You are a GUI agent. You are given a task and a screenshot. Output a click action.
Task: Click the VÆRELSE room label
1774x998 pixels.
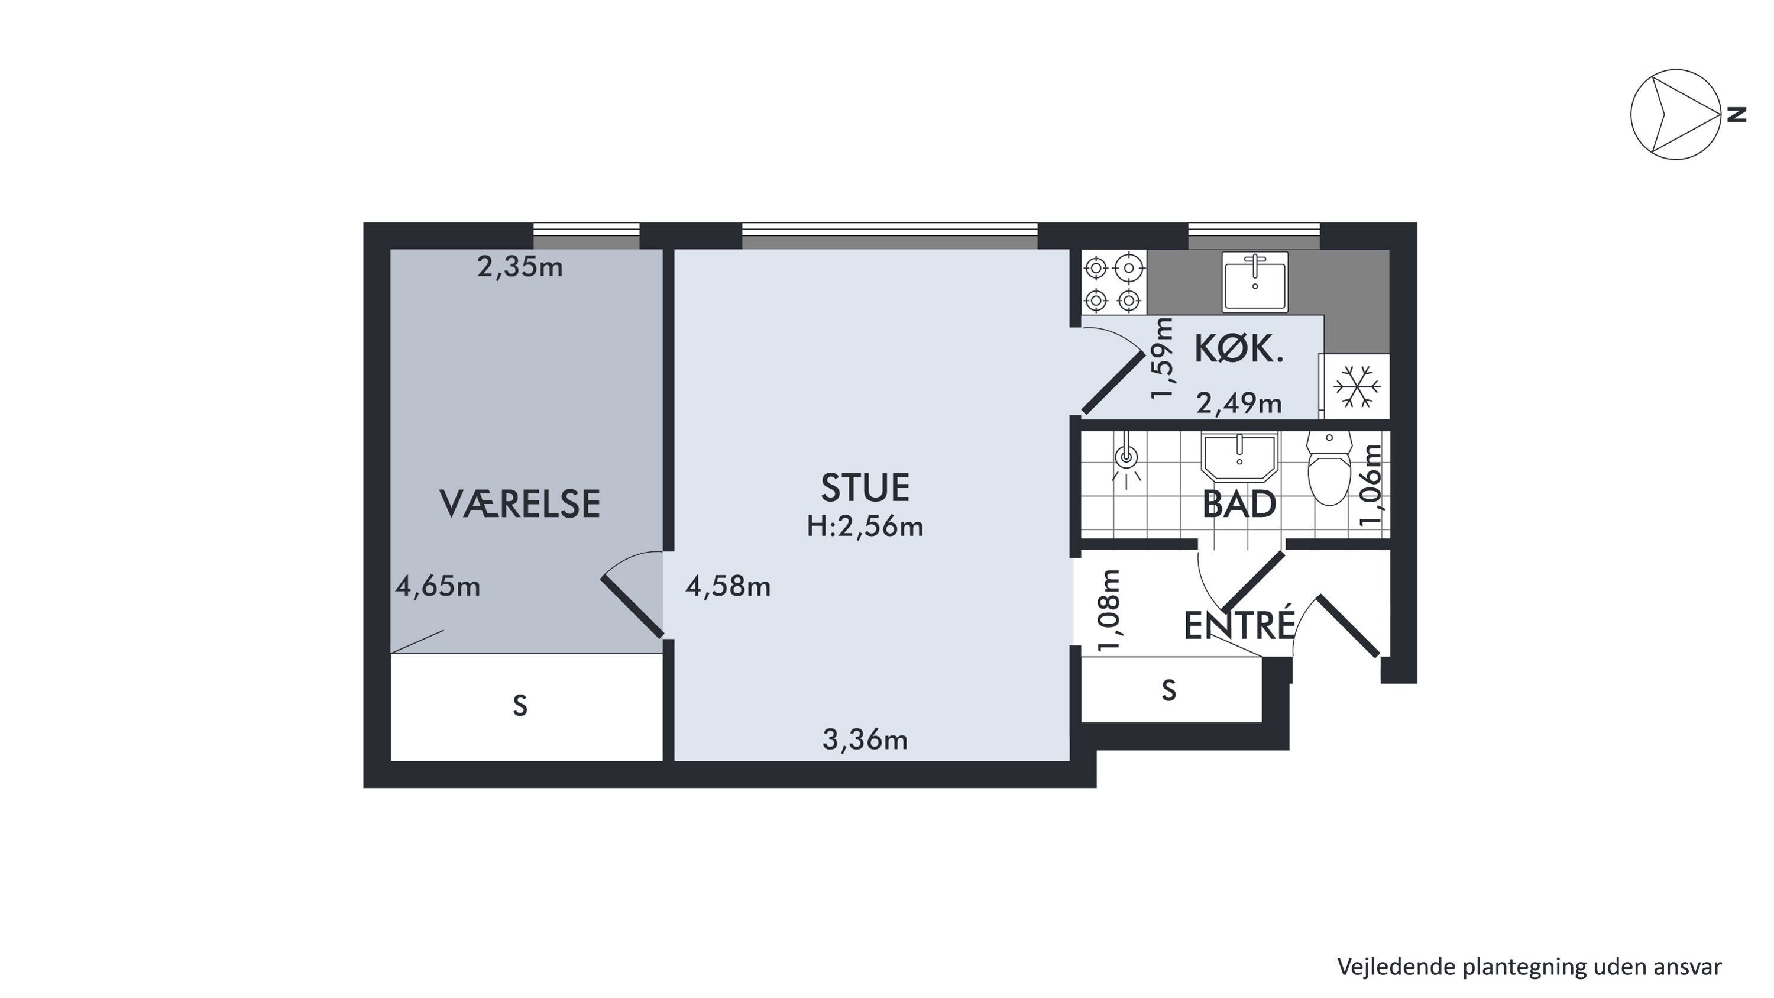[519, 504]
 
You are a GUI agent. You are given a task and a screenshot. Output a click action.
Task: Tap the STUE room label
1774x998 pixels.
[865, 487]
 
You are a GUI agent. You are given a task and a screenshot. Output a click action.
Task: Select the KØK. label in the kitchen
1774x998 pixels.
[1239, 349]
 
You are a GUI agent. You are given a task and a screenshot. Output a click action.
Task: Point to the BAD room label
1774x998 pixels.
[1239, 505]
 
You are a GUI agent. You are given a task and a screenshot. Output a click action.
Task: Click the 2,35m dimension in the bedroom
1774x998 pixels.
[520, 267]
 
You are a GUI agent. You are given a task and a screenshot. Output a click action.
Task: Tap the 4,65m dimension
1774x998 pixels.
[438, 587]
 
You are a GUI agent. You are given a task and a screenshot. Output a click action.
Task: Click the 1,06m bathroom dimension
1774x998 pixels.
[1371, 486]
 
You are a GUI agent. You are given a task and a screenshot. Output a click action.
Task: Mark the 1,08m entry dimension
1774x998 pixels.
[1109, 611]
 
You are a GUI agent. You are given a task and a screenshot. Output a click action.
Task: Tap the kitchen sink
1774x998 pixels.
[1255, 282]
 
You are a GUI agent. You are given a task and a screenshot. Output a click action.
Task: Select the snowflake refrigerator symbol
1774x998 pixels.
[1357, 386]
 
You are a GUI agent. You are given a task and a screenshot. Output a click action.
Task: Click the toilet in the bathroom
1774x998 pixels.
[1329, 469]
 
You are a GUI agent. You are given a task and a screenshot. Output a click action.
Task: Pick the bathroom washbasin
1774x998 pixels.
[1239, 457]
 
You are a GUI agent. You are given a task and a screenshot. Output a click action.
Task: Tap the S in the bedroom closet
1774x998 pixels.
[520, 706]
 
